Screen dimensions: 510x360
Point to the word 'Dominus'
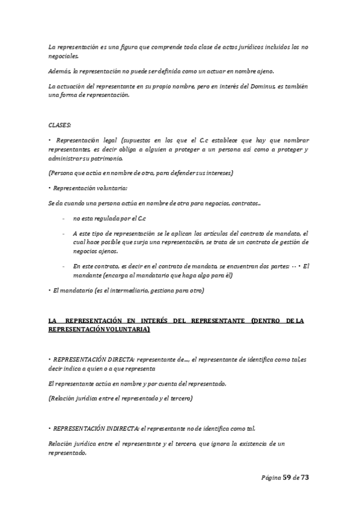(260, 87)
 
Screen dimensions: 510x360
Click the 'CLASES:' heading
(59, 124)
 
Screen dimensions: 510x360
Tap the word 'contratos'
(246, 204)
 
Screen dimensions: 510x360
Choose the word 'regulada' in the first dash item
(106, 218)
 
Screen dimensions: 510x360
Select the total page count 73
(305, 477)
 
